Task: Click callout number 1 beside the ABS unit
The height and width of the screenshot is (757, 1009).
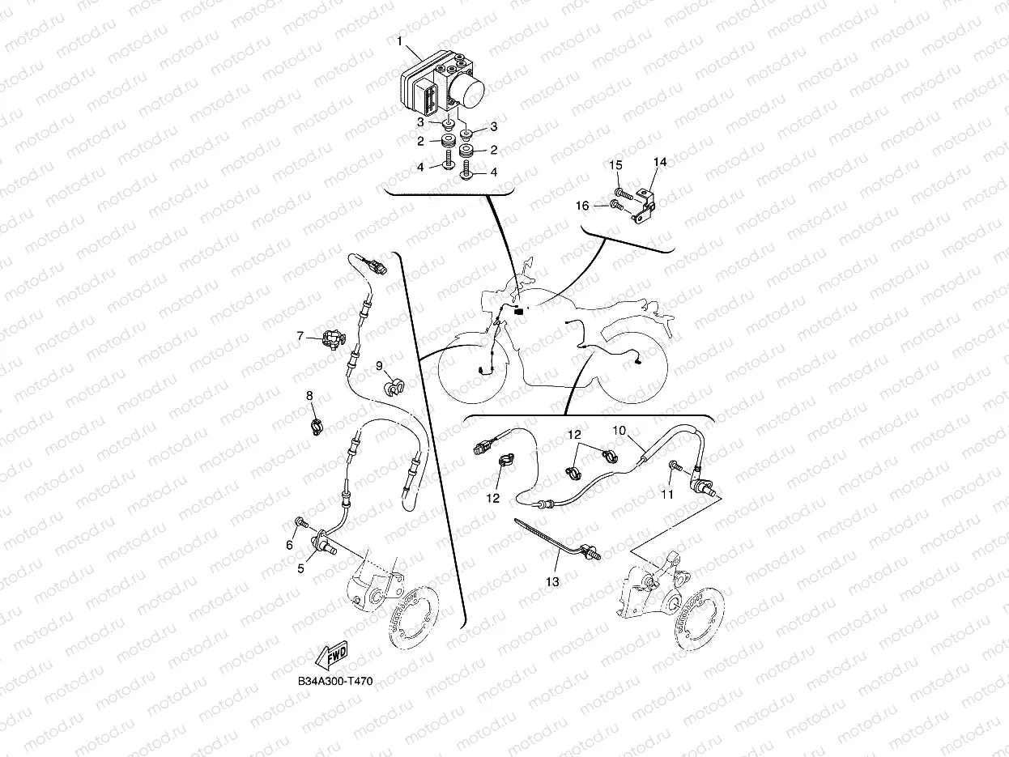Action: click(399, 42)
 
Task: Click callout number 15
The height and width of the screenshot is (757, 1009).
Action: click(616, 165)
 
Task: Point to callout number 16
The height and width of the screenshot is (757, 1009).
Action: click(582, 206)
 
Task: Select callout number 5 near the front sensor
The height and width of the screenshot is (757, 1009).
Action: click(300, 568)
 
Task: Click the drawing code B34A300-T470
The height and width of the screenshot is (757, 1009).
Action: click(335, 681)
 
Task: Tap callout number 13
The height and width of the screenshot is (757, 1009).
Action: click(552, 581)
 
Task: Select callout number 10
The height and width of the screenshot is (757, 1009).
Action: click(619, 431)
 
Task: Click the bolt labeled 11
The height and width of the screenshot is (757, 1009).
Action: click(677, 466)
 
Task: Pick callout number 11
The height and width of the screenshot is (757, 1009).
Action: click(667, 494)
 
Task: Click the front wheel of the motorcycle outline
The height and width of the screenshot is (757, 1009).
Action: click(474, 369)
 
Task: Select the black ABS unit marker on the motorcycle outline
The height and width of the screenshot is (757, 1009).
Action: click(519, 311)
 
